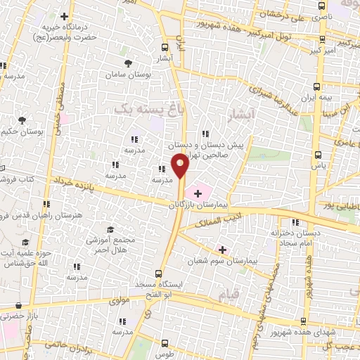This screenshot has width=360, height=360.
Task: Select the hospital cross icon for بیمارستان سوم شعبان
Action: click(222, 250)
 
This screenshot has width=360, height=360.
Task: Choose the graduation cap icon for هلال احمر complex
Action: click(110, 230)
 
